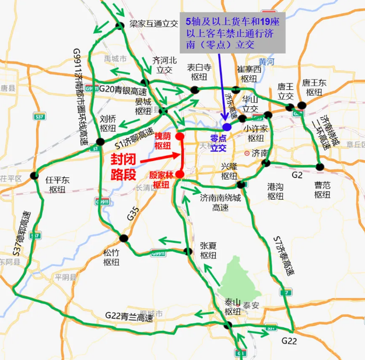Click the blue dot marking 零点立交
[226, 127]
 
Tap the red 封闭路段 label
[128, 166]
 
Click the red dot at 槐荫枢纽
[180, 137]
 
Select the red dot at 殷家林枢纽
[180, 174]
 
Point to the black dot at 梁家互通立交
[120, 25]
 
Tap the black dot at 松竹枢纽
[124, 238]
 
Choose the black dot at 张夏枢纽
[188, 251]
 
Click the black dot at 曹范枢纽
[320, 167]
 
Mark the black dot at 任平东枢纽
[34, 175]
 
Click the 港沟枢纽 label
[275, 190]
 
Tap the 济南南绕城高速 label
[220, 202]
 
